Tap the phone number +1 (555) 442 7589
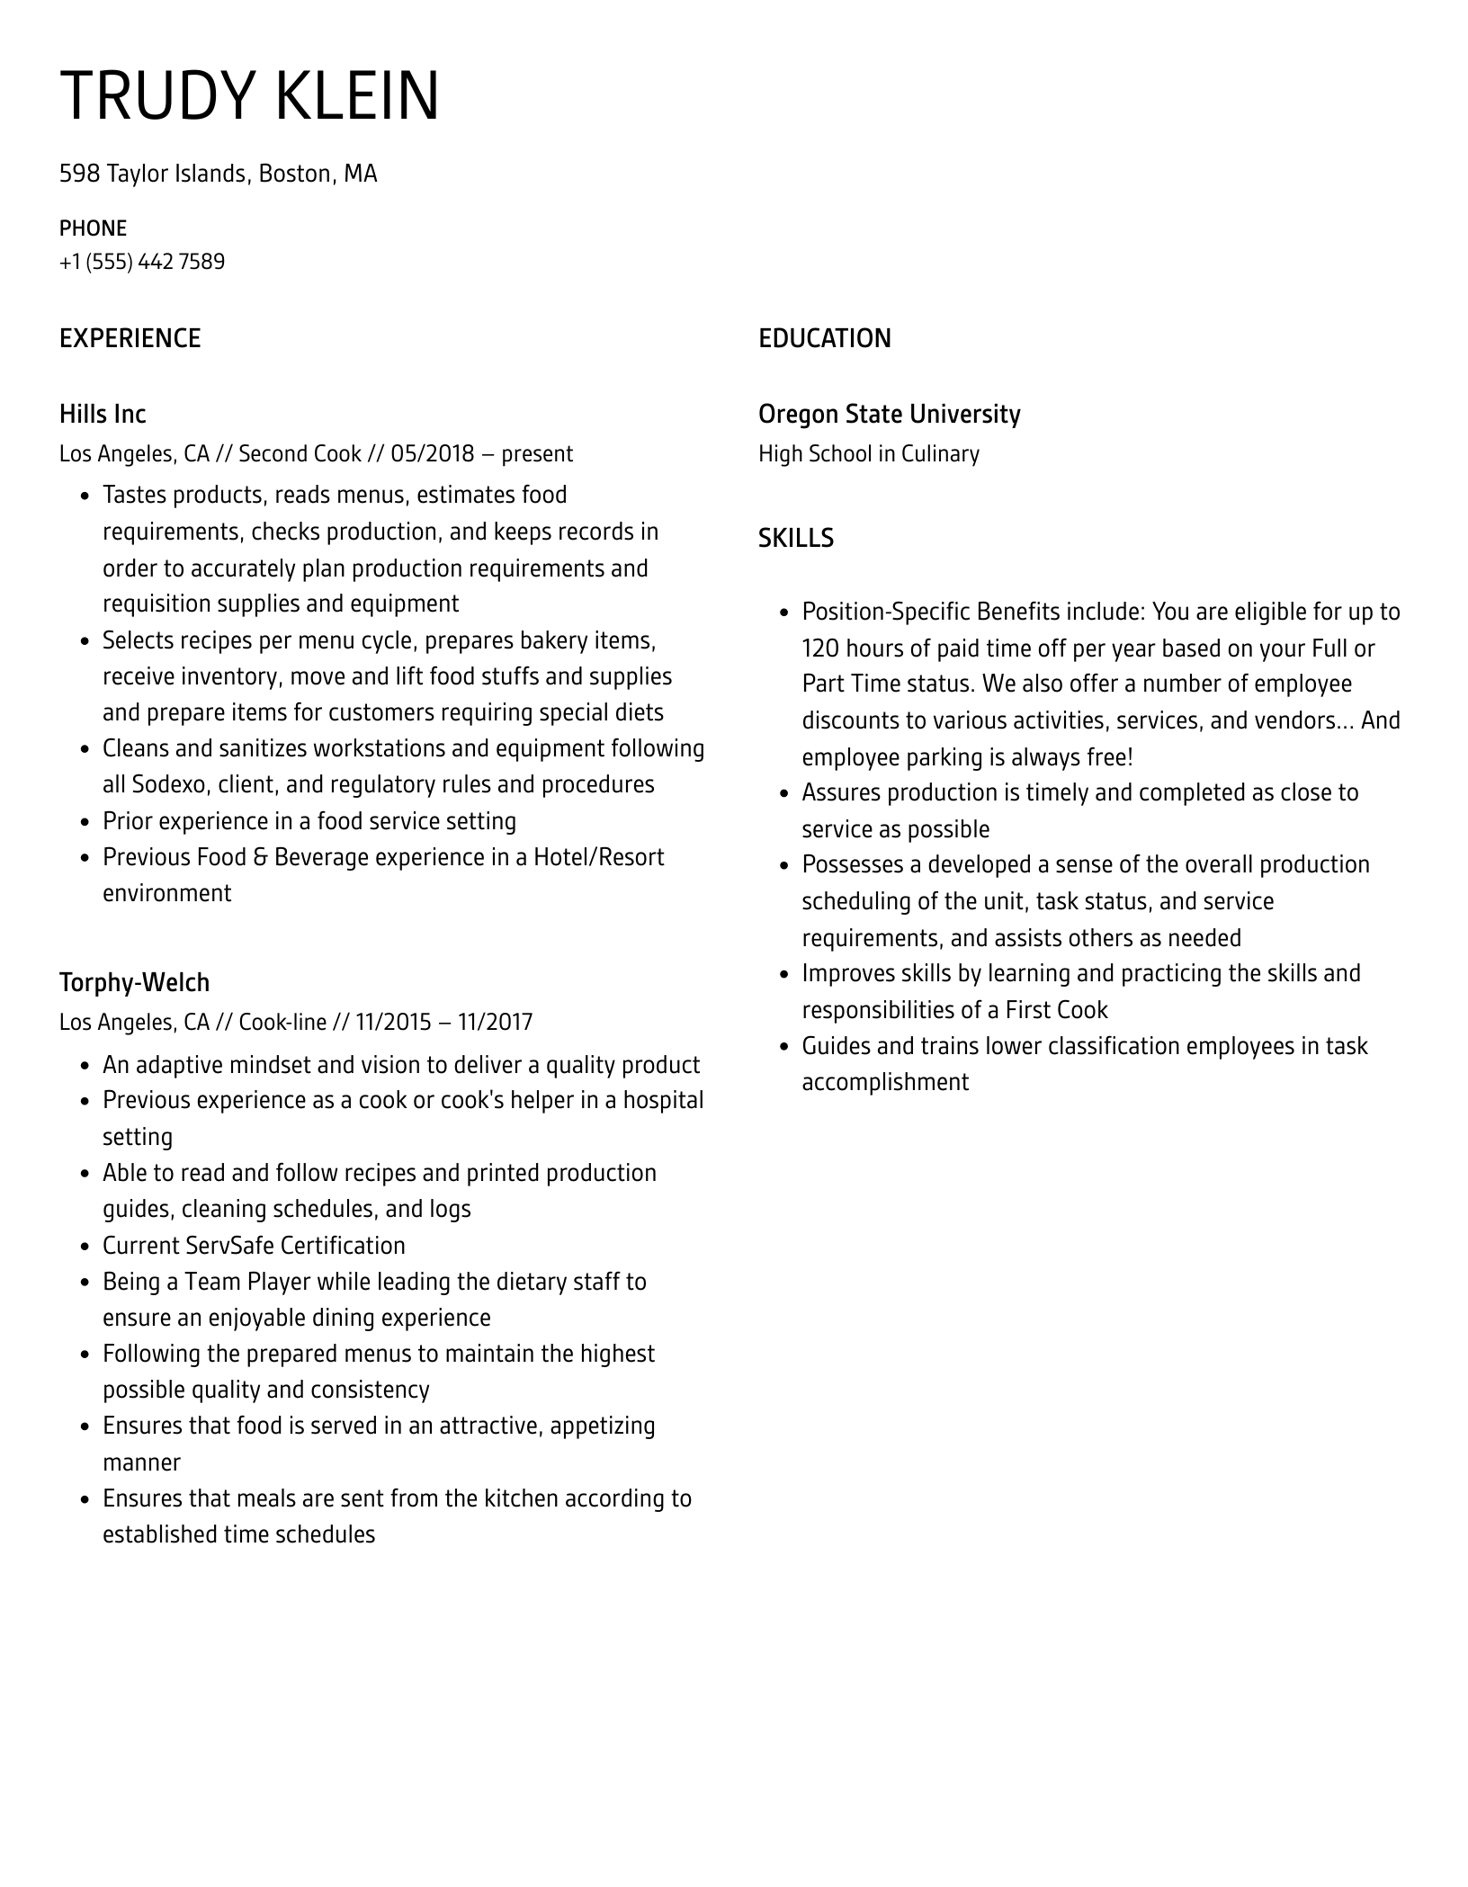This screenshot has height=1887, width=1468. pyautogui.click(x=142, y=262)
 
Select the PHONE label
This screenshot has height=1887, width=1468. pyautogui.click(x=93, y=228)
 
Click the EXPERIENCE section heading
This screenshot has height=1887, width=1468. pyautogui.click(x=130, y=338)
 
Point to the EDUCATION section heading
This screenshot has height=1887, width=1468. pyautogui.click(x=824, y=338)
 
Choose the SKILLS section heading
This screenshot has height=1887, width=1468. pyautogui.click(x=795, y=538)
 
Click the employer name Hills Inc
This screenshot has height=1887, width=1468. pyautogui.click(x=103, y=414)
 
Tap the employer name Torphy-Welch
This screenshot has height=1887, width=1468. pyautogui.click(x=134, y=982)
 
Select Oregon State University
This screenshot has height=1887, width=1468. pyautogui.click(x=889, y=414)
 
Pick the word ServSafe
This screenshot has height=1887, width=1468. pyautogui.click(x=228, y=1246)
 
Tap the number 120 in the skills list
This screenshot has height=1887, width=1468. pyautogui.click(x=820, y=648)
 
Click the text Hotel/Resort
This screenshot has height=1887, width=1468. pyautogui.click(x=598, y=857)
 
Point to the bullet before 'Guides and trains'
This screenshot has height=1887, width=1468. pyautogui.click(x=784, y=1047)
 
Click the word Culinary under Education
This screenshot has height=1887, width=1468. pyautogui.click(x=940, y=453)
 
